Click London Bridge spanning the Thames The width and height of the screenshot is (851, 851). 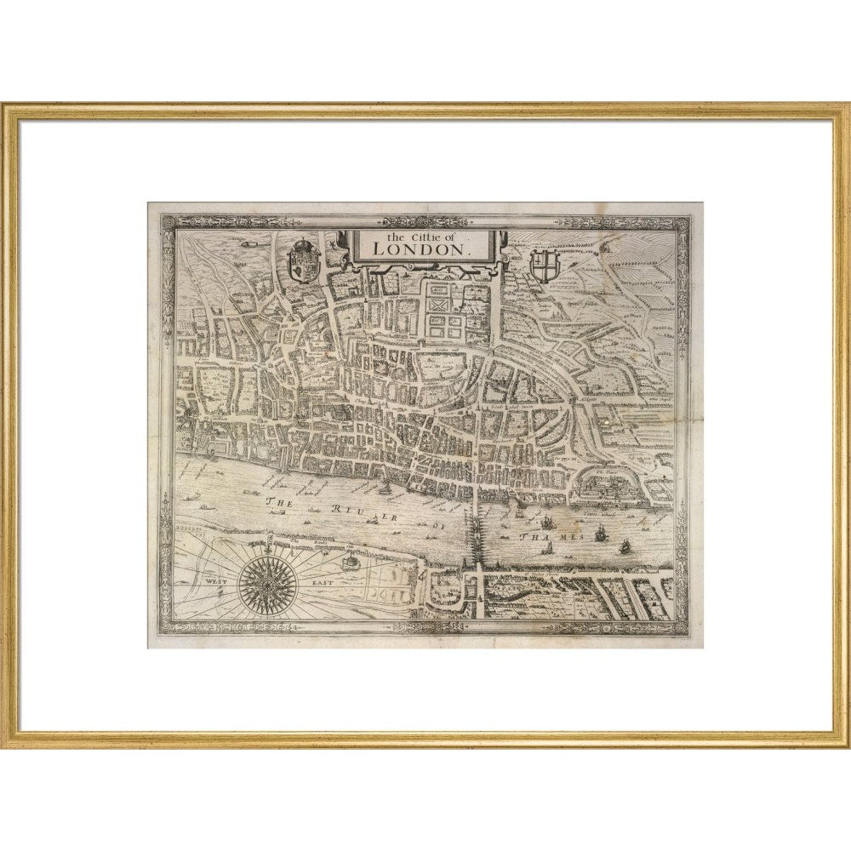click(473, 532)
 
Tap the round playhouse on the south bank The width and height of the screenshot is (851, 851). click(347, 562)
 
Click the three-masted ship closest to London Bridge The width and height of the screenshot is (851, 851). click(545, 521)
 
